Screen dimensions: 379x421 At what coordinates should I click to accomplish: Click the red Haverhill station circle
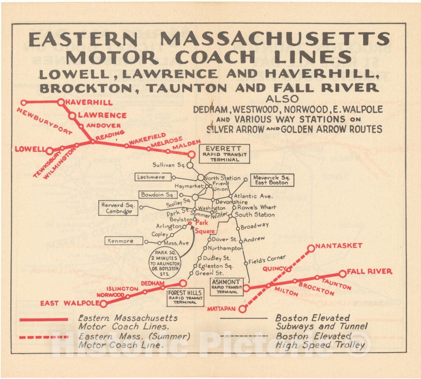61,102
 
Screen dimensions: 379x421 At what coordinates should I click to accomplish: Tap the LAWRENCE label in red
102,115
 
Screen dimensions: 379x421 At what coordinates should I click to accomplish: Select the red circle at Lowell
49,151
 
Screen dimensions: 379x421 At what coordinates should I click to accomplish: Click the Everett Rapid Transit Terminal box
224,154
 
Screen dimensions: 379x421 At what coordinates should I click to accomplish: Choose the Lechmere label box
153,177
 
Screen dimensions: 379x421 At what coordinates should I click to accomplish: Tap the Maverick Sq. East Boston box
272,180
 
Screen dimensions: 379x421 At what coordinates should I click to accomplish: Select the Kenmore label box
124,241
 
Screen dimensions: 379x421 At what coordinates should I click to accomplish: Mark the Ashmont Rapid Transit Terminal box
227,287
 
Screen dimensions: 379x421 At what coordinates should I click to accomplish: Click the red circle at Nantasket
311,248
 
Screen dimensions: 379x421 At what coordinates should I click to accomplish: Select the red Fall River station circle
342,274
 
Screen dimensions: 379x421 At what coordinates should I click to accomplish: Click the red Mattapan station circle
243,309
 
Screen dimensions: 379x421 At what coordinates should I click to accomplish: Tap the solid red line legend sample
44,319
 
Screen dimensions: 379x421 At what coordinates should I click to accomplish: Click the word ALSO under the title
282,99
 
